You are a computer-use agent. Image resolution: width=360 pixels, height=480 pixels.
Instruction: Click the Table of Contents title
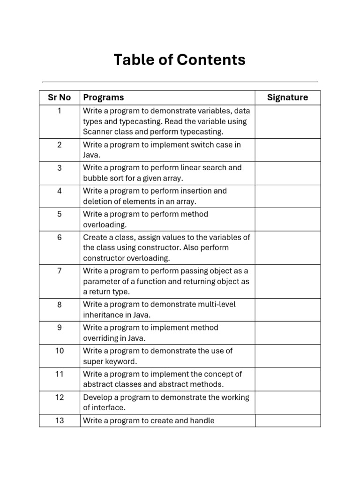[180, 60]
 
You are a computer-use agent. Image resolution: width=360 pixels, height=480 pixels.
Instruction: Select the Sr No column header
[60, 97]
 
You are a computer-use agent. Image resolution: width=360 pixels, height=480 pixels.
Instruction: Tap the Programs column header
[104, 97]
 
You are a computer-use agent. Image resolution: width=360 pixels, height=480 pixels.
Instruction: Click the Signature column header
[287, 97]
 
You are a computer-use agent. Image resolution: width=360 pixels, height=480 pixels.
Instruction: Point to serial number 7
[60, 271]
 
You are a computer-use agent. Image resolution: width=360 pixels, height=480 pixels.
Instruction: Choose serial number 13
[60, 420]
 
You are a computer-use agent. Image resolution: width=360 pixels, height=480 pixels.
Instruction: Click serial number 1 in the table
[60, 111]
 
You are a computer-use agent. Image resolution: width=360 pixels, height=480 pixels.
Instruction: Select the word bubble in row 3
[95, 178]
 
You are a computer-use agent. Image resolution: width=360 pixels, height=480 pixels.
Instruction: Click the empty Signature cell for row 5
[288, 219]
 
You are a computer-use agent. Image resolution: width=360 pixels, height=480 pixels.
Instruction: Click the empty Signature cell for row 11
[288, 379]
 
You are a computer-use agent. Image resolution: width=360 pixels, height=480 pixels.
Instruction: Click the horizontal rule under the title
[180, 82]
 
